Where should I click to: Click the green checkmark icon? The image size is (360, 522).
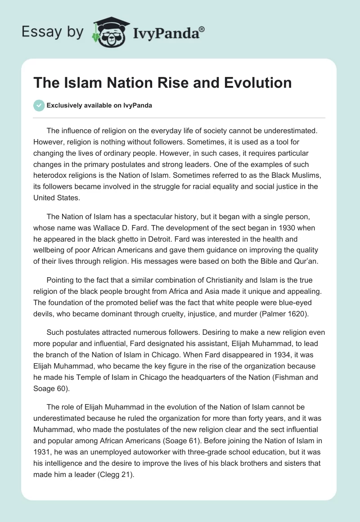pos(39,105)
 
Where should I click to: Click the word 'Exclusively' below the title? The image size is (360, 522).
pos(64,105)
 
